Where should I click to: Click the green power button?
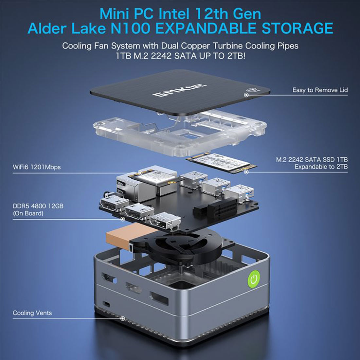(254, 279)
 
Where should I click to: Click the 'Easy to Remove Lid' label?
(320, 90)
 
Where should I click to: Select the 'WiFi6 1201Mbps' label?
(37, 167)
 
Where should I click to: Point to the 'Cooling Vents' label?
(32, 313)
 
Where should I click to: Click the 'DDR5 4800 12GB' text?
(38, 206)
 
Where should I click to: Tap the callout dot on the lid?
(246, 95)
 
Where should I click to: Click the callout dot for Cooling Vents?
(123, 318)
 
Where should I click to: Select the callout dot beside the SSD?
(246, 172)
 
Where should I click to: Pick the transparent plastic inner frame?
(180, 133)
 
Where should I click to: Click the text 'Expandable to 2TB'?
(321, 167)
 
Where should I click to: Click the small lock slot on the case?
(106, 304)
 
